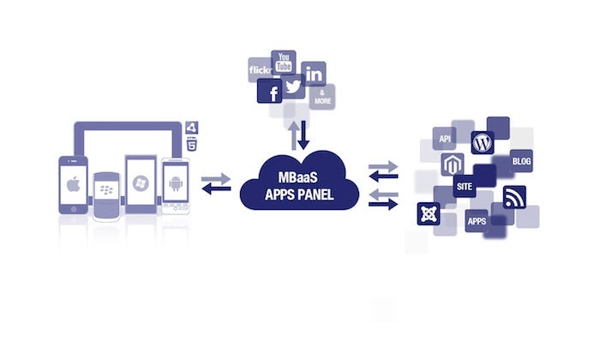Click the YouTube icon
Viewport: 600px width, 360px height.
[284, 63]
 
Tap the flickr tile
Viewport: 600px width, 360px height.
[260, 69]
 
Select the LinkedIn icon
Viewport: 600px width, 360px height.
[314, 74]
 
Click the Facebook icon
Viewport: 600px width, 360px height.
[269, 91]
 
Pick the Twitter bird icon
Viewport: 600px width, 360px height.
[293, 87]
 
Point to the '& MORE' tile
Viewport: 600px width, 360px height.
[322, 97]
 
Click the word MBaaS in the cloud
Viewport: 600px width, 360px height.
[298, 177]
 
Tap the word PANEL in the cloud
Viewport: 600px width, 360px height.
[315, 195]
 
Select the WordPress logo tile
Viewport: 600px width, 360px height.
[483, 142]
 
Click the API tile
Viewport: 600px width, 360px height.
[444, 139]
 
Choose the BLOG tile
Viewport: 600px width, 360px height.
[521, 161]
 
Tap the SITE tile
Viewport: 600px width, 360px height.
[465, 186]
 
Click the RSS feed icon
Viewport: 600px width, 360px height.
[514, 197]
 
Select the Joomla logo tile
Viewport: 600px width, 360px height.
[429, 214]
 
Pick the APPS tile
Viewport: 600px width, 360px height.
[477, 221]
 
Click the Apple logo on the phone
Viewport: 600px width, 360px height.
[73, 184]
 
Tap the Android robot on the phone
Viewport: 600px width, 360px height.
[176, 183]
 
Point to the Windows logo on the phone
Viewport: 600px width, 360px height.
[141, 183]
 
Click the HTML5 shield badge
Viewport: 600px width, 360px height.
[192, 144]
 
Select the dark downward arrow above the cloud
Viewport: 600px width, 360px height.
[303, 135]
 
